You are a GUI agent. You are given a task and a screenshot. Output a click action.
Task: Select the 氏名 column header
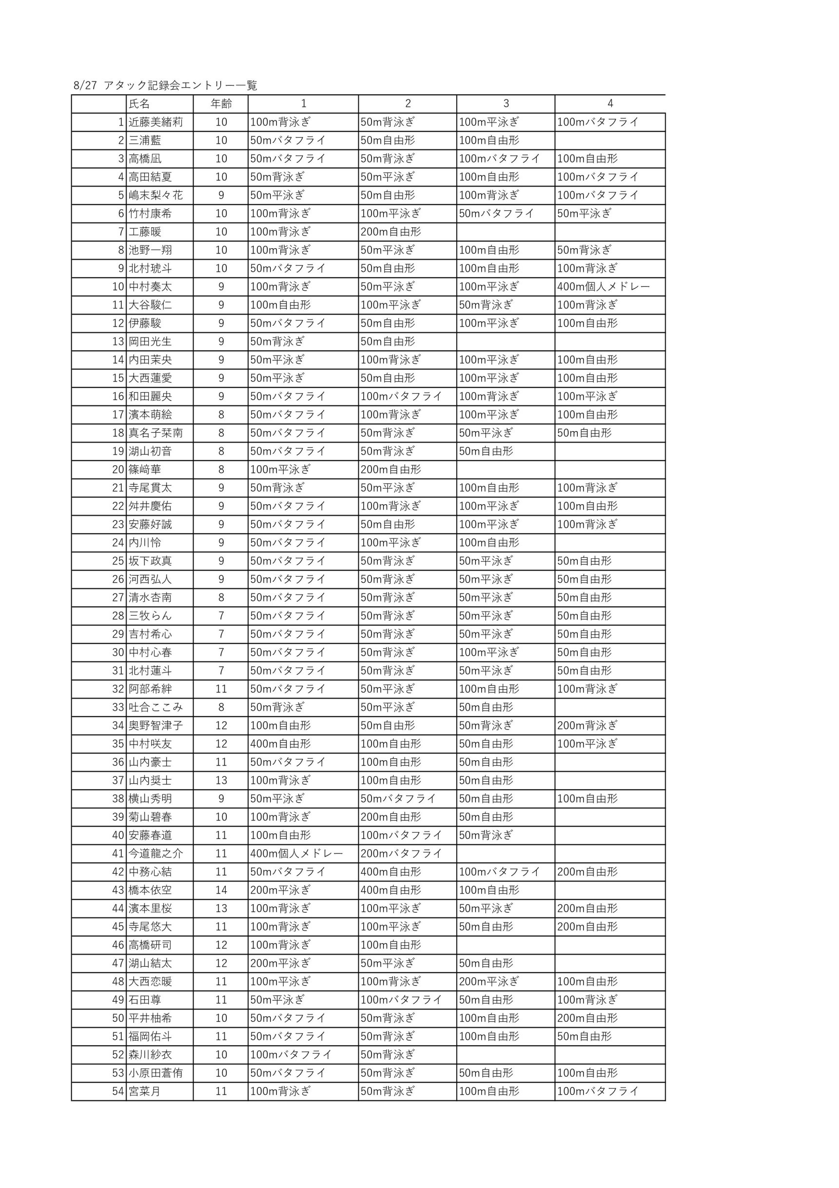139,103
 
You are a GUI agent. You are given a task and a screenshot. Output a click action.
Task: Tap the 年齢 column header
221,103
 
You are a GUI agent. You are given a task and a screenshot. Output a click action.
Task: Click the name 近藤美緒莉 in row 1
156,122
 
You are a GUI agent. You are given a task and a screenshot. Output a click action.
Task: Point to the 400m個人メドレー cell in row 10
603,287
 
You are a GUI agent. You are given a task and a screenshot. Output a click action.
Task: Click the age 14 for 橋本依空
221,890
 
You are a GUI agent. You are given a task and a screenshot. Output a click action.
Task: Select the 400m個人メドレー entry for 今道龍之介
296,853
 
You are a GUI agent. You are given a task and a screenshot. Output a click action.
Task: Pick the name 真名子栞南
156,433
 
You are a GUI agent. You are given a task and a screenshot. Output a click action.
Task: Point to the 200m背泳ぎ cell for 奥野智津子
587,725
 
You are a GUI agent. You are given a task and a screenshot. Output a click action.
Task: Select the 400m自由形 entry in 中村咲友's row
280,744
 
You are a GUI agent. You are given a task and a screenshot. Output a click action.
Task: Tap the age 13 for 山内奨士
221,780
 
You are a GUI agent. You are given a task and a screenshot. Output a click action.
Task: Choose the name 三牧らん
150,616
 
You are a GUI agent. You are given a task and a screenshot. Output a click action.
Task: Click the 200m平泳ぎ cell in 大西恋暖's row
489,982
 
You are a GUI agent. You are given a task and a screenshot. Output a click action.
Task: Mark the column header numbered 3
506,103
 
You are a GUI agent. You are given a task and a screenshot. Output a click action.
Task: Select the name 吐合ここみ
156,707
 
